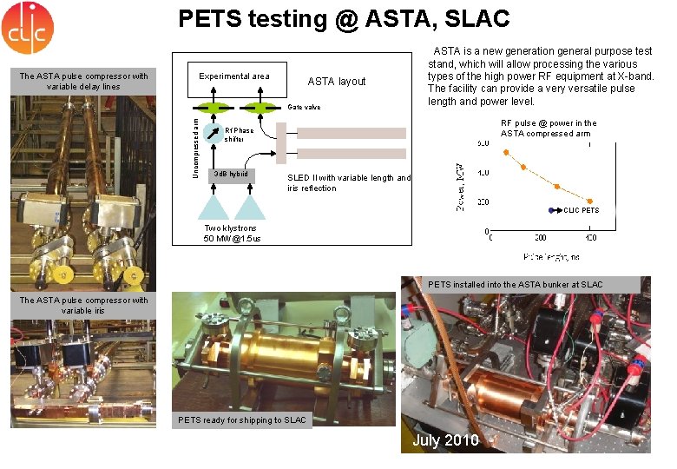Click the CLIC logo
tap(27, 27)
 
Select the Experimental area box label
tap(233, 76)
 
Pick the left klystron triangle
tap(214, 206)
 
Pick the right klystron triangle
tap(250, 206)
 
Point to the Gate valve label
tap(304, 107)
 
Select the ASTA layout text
tap(337, 82)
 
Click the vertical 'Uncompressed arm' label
tap(197, 143)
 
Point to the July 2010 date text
tap(445, 440)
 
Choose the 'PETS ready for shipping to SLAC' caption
tap(242, 420)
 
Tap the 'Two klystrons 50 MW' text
tap(232, 233)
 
